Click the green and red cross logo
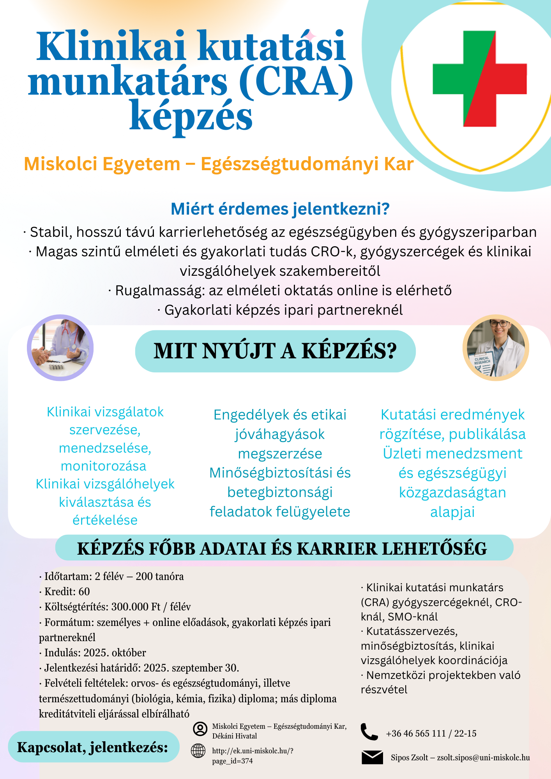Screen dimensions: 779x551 pos(480,79)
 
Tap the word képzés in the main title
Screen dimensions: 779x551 pos(191,116)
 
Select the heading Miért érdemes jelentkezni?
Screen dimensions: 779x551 pos(280,209)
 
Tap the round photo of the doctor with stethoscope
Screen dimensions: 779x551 pos(60,347)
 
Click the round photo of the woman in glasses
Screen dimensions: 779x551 pos(496,347)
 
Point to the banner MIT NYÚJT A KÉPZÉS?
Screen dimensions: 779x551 pos(275,351)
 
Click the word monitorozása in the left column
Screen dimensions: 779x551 pos(104,466)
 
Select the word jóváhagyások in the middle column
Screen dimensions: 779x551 pos(280,434)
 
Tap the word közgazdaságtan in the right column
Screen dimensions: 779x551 pos(452,493)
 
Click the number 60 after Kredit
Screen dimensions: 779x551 pos(84,592)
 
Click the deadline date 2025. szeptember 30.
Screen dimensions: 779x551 pos(191,668)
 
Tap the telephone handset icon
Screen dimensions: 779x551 pos(369,732)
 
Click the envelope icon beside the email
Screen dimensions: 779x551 pos(372,757)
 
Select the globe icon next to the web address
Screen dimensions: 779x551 pos(198,751)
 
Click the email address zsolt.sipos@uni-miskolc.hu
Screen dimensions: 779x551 pos(483,758)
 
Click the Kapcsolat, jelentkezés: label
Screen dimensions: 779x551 pos(93,747)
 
